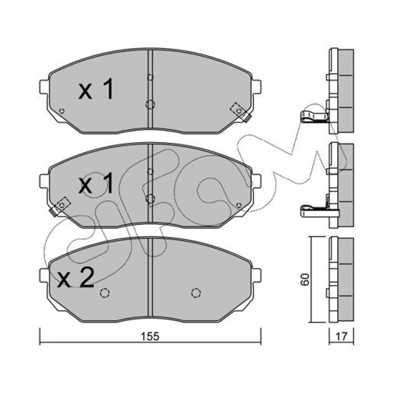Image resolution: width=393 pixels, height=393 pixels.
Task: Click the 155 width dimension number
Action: [x=150, y=337]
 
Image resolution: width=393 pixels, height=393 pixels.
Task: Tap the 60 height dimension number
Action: [x=305, y=279]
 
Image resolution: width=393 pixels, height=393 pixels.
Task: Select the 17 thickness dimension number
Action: [x=341, y=337]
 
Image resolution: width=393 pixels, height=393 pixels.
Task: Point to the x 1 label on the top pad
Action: [x=96, y=89]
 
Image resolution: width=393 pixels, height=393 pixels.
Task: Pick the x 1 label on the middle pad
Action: [x=96, y=184]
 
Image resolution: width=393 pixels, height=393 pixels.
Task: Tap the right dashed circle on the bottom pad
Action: [x=196, y=292]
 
